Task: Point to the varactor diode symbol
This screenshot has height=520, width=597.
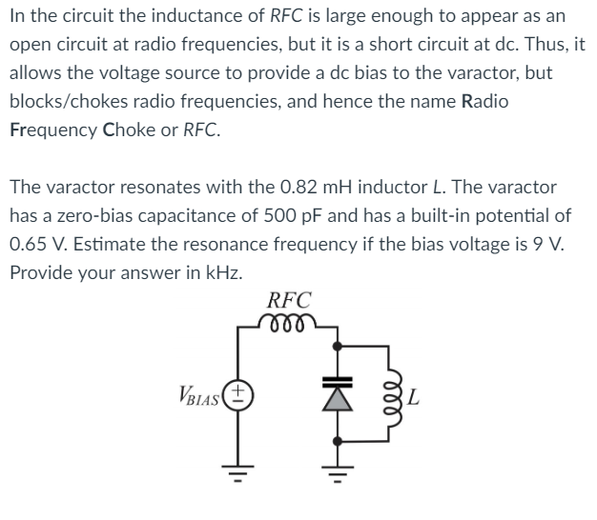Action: pyautogui.click(x=336, y=391)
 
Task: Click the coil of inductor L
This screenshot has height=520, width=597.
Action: pyautogui.click(x=388, y=393)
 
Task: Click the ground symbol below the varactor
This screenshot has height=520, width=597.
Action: pyautogui.click(x=336, y=473)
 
